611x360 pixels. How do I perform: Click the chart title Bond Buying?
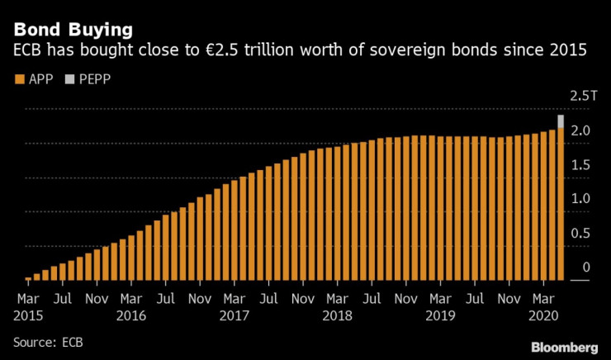[x=73, y=30]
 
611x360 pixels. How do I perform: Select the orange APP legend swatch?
[x=18, y=79]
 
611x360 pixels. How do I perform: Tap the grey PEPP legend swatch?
[x=69, y=79]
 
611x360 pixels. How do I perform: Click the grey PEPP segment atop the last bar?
[x=561, y=121]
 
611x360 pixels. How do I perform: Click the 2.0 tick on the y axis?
[x=581, y=130]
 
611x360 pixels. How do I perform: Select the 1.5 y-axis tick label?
[x=581, y=164]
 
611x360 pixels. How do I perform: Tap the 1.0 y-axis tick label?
[x=581, y=199]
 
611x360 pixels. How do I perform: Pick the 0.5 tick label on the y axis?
[x=581, y=233]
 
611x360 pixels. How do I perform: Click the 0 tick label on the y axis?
[x=585, y=268]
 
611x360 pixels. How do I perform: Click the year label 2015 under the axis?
[x=29, y=315]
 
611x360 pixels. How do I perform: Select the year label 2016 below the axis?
[x=131, y=315]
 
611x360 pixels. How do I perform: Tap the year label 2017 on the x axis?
[x=234, y=315]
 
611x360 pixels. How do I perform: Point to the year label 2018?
[x=337, y=315]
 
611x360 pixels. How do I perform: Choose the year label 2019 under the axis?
[x=440, y=315]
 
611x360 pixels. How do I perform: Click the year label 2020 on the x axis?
[x=542, y=315]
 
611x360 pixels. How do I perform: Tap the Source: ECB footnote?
[x=48, y=340]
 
